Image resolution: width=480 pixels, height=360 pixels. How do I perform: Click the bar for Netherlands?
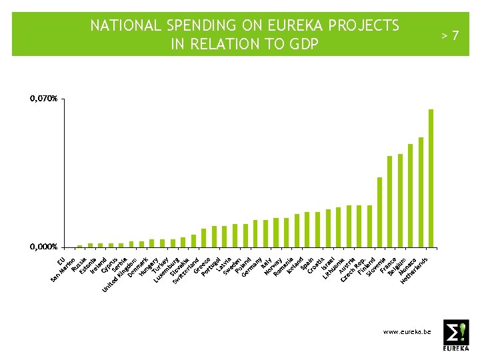tap(431, 177)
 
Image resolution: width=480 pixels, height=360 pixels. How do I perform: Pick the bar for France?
tap(390, 201)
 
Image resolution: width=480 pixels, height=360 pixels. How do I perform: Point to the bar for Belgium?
tap(400, 200)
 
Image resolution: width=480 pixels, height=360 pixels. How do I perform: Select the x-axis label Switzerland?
tap(186, 271)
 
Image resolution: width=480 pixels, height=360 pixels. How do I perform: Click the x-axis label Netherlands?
tap(414, 271)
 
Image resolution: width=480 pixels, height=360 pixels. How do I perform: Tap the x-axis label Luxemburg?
tap(166, 270)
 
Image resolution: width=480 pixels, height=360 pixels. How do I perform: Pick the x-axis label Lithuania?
tap(334, 269)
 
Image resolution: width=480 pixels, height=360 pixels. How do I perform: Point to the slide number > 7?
tap(451, 35)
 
